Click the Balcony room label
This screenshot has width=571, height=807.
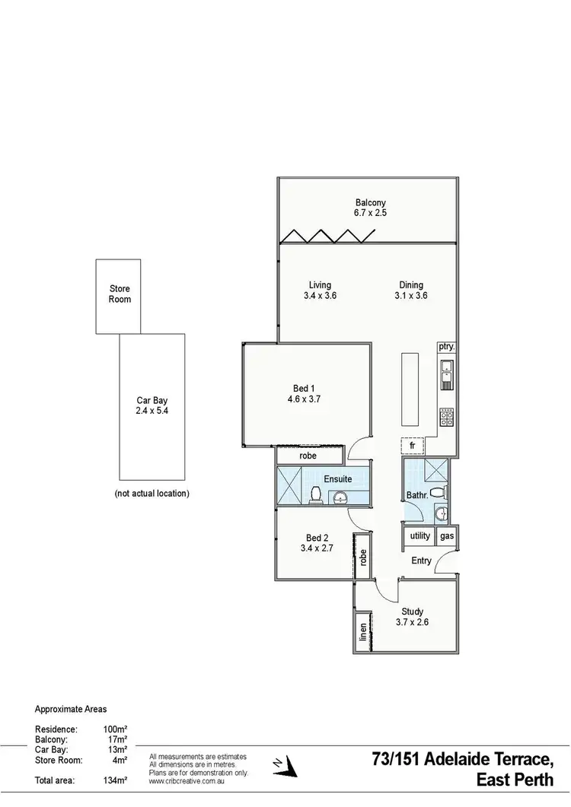pos(370,202)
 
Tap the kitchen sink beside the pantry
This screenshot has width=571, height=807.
pos(446,372)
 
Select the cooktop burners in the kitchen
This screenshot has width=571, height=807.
pos(446,417)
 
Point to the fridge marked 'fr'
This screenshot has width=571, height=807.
pos(412,446)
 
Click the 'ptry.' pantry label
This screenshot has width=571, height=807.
pos(446,347)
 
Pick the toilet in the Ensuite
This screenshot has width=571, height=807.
pos(314,496)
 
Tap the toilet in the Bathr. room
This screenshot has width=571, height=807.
pos(438,493)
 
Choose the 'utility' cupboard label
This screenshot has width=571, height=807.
pos(420,535)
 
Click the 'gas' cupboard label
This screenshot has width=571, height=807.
pos(447,535)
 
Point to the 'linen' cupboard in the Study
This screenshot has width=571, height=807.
pos(363,631)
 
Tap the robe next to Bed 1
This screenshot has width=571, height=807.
pos(308,456)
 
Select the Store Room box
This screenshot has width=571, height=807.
pos(120,295)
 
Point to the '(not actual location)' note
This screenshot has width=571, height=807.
pos(152,493)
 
